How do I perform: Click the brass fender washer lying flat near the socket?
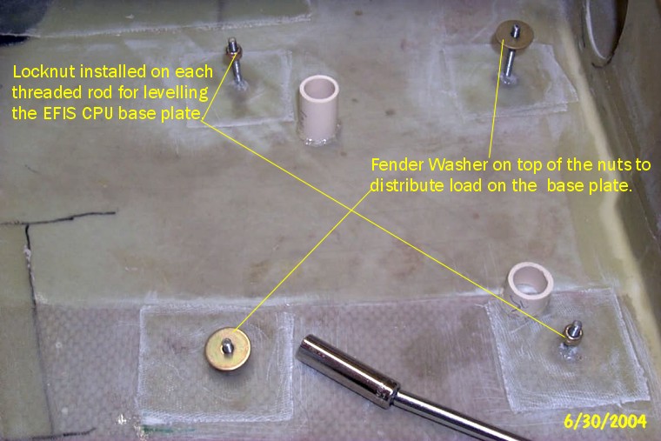228,349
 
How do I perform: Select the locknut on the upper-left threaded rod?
233,53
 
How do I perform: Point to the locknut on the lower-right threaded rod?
573,334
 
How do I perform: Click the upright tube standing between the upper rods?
318,110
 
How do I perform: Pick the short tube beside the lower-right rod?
529,287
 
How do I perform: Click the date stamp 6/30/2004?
605,421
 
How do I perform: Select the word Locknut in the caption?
44,71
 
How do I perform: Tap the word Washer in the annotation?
458,164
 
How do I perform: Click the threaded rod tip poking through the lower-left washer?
228,346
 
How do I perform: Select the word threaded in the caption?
47,92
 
